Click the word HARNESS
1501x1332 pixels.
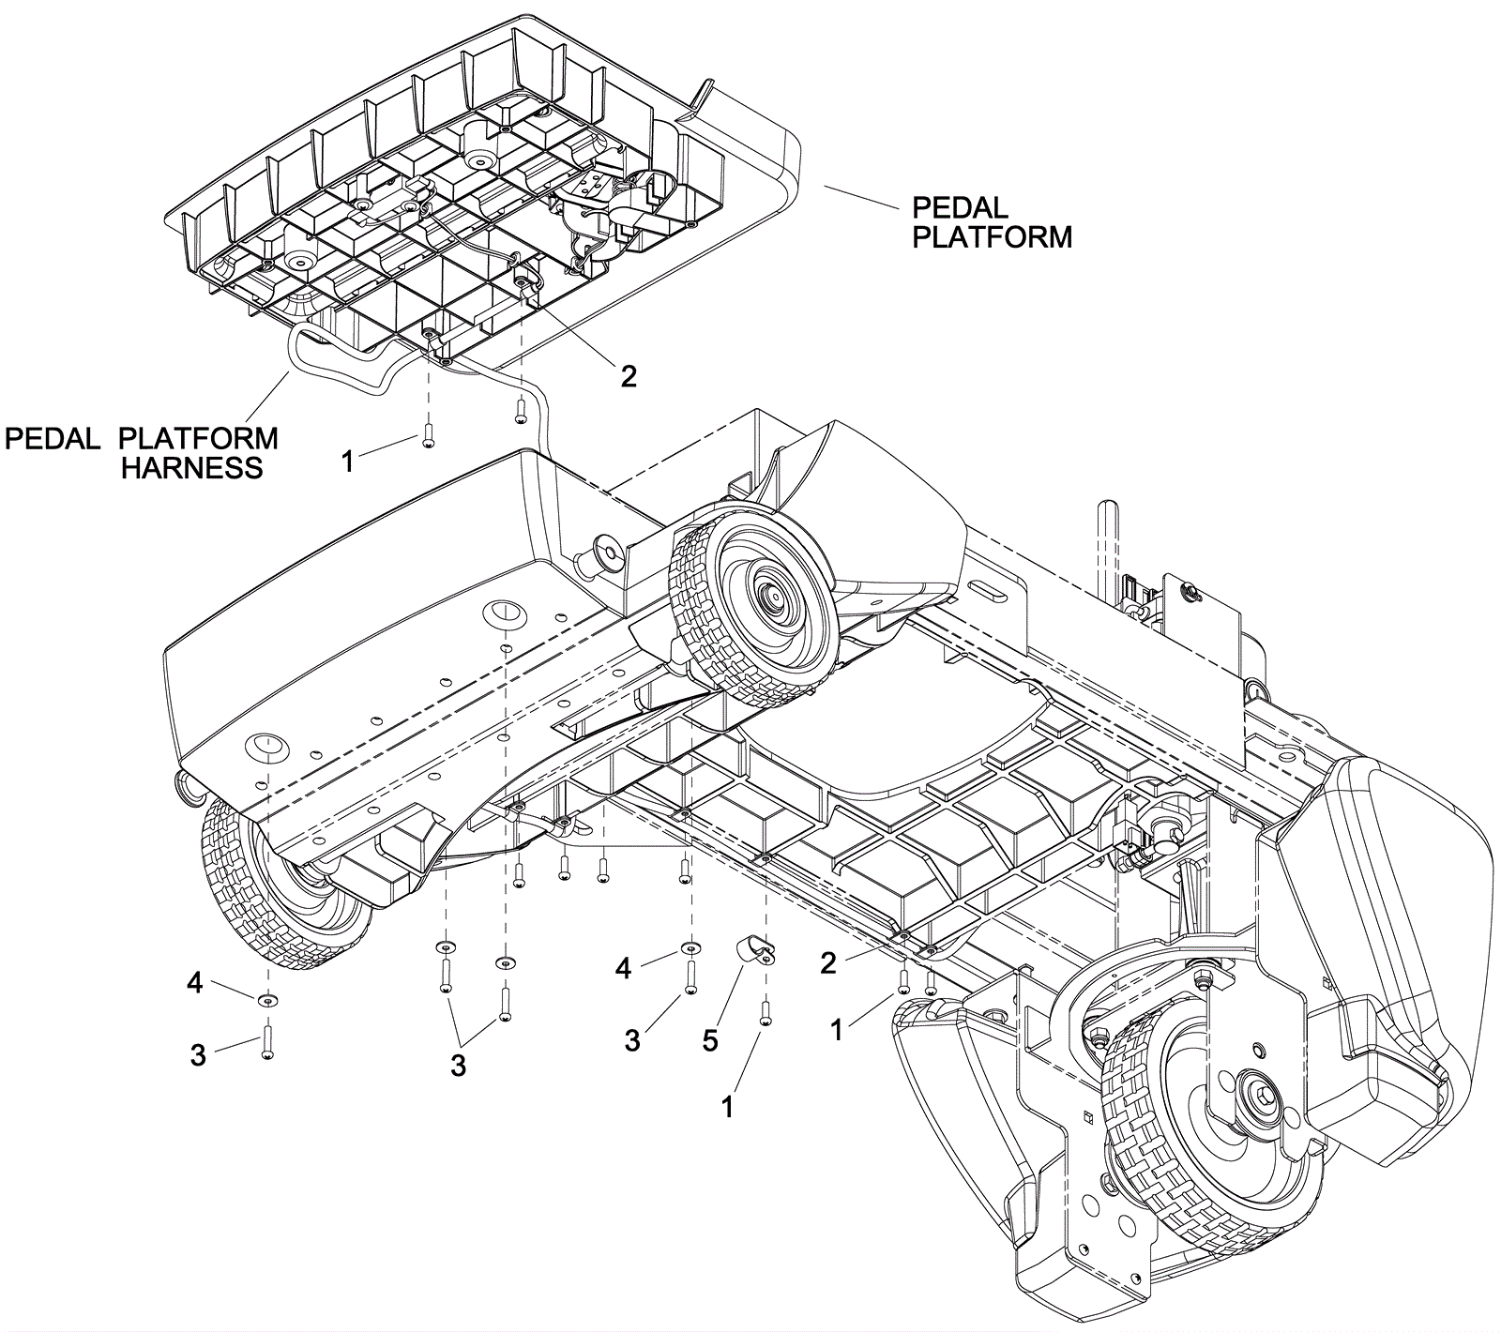pyautogui.click(x=192, y=467)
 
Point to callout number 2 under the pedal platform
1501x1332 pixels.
pyautogui.click(x=629, y=375)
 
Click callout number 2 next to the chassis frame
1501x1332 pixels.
pyautogui.click(x=827, y=963)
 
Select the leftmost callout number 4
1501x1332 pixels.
pyautogui.click(x=194, y=984)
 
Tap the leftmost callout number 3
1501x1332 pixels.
pyautogui.click(x=198, y=1054)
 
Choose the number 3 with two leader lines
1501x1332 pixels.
pyautogui.click(x=458, y=1066)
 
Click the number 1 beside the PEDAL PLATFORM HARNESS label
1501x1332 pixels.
pyautogui.click(x=347, y=461)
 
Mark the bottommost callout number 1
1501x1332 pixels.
pyautogui.click(x=727, y=1107)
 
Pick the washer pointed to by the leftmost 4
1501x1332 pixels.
pyautogui.click(x=268, y=1001)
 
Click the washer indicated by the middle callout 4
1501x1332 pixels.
pyautogui.click(x=690, y=946)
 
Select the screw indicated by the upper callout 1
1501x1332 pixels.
pyautogui.click(x=428, y=437)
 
